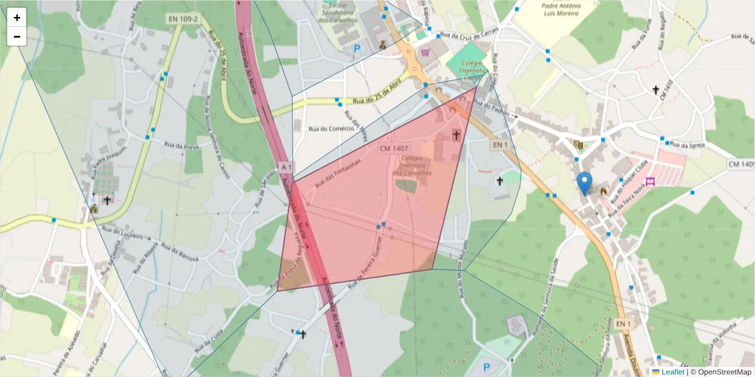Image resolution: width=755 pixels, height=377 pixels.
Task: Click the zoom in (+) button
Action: point(17,18)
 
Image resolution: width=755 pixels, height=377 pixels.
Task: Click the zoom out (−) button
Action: point(17,36)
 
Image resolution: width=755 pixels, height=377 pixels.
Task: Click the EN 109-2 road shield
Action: point(183,19)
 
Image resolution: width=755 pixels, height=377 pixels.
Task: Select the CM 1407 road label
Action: point(394,148)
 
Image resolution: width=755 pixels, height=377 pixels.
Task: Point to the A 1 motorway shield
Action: point(286,167)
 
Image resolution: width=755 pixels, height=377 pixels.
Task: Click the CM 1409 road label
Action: point(741,164)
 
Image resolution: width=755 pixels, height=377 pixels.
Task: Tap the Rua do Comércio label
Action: point(327,129)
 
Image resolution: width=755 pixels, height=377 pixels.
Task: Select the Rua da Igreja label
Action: point(688,145)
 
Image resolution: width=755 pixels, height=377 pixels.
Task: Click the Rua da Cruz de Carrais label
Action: point(469,33)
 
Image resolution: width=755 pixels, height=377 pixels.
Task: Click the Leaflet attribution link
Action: point(672,372)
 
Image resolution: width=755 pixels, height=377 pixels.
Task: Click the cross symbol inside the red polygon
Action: point(456,135)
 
